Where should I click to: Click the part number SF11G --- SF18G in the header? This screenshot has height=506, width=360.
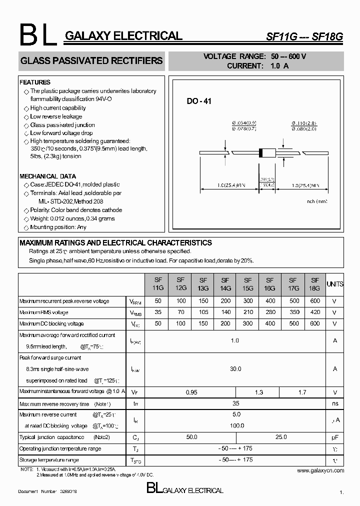[305, 36]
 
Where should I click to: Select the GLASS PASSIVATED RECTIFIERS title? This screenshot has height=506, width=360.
[91, 60]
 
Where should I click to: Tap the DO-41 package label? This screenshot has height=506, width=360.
[199, 101]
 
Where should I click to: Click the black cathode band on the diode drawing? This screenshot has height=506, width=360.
[259, 153]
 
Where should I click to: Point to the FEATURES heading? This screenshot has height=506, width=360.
[35, 82]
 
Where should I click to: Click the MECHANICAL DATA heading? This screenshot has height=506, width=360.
[47, 176]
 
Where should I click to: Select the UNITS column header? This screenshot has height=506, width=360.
[334, 284]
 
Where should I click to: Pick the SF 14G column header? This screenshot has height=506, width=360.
[225, 284]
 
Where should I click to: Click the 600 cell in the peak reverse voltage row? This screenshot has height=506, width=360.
[314, 301]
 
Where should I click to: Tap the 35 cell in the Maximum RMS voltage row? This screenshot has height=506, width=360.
[158, 312]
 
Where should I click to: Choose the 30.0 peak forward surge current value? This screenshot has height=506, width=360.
[235, 368]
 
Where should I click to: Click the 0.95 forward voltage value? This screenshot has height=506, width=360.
[191, 392]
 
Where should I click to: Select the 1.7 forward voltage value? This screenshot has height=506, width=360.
[302, 392]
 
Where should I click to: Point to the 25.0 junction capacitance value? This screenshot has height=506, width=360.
[281, 437]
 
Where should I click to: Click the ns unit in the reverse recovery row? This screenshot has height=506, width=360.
[334, 403]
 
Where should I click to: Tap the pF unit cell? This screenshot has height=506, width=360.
[334, 437]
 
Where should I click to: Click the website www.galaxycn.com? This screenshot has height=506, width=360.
[320, 470]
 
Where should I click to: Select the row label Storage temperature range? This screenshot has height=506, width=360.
[49, 459]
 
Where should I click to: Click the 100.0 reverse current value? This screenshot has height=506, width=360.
[236, 425]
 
